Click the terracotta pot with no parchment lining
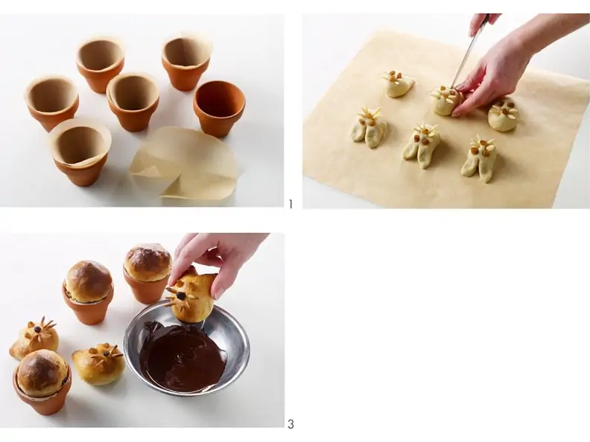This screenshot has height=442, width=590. click(219, 108)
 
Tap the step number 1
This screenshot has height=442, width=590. click(291, 204)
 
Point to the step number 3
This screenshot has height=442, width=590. click(291, 424)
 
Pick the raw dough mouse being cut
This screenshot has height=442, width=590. click(446, 100)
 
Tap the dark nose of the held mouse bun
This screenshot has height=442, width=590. click(181, 296)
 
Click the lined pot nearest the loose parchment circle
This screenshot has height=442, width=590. click(80, 153)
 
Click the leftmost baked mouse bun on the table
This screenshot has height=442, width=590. click(34, 339)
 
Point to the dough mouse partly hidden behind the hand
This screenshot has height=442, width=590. click(504, 114)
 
